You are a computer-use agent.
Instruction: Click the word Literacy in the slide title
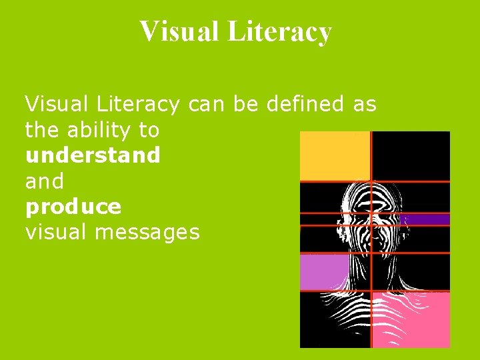(x=279, y=31)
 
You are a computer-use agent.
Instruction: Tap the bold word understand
(x=93, y=155)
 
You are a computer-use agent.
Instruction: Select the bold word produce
(x=73, y=207)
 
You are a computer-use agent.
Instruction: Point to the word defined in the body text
(x=305, y=104)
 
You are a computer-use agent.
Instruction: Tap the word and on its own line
(x=44, y=181)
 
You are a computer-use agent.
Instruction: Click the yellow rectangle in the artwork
(x=335, y=156)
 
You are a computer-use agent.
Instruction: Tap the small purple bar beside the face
(x=427, y=219)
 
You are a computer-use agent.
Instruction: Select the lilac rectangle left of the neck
(x=324, y=272)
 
